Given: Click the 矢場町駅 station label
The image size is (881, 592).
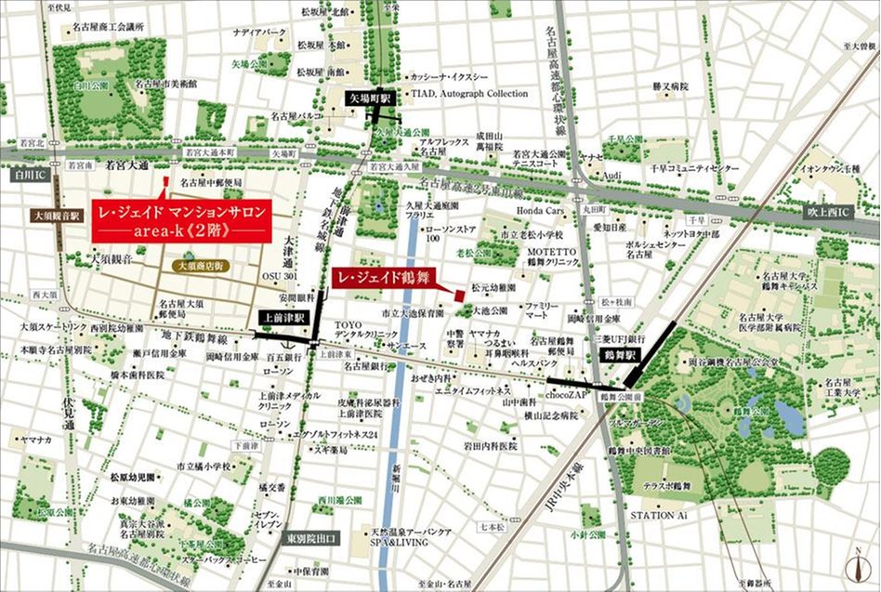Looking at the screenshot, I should tap(371, 97).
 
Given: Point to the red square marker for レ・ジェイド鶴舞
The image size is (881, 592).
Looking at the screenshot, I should tap(459, 295).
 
